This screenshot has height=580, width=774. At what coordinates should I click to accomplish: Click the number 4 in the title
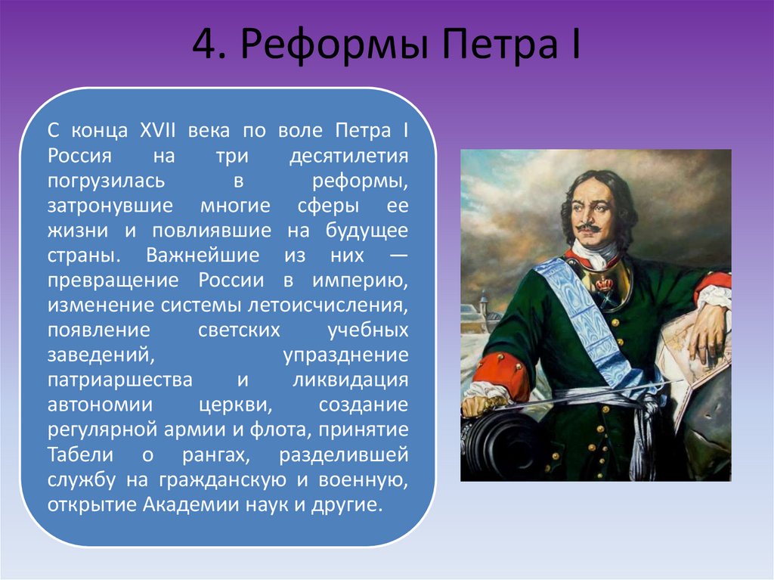click(x=209, y=45)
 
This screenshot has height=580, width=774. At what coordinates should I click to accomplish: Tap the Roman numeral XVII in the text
click(x=158, y=130)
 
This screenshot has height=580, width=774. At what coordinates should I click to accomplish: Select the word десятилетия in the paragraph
click(x=348, y=156)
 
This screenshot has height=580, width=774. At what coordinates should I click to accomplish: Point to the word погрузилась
click(x=106, y=181)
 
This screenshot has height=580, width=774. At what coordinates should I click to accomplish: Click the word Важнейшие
click(x=203, y=256)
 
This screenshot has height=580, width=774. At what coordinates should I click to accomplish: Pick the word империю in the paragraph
click(x=361, y=281)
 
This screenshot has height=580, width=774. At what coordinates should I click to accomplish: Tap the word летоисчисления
click(x=328, y=306)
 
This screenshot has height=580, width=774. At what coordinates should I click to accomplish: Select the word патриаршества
click(x=120, y=380)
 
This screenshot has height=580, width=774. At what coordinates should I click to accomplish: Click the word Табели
click(x=80, y=454)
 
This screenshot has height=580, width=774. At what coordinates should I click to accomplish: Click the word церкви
click(x=236, y=405)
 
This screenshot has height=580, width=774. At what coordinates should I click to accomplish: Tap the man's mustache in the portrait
click(x=587, y=228)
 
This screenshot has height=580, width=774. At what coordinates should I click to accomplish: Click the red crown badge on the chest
click(x=604, y=284)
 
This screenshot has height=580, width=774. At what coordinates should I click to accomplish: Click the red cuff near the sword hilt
click(x=503, y=371)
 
